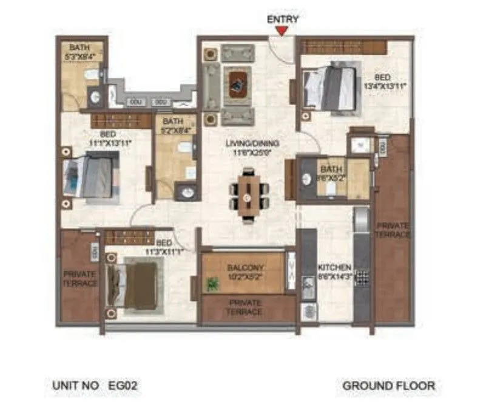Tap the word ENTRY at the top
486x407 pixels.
[x=283, y=19]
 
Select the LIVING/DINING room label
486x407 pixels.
[x=252, y=147]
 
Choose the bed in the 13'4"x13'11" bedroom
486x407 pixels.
[x=331, y=89]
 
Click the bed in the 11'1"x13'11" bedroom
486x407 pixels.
[x=91, y=176]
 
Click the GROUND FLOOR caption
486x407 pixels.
[x=388, y=385]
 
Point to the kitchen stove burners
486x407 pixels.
[x=362, y=278]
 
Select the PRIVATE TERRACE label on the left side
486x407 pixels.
[x=80, y=279]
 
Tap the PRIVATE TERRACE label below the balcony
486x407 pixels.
[x=245, y=307]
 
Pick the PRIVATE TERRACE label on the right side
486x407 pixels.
[x=393, y=230]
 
